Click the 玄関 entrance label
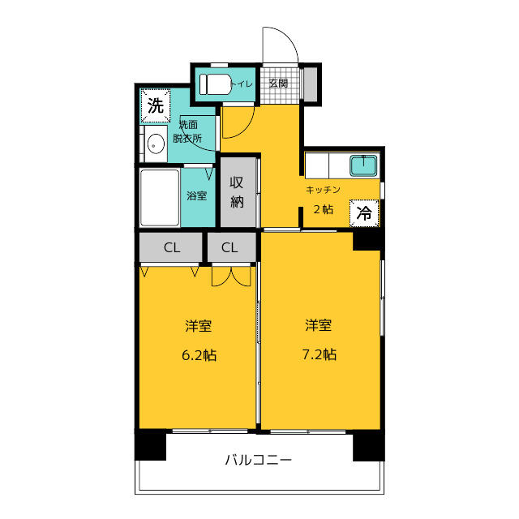click(278, 84)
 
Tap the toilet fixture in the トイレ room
click(216, 84)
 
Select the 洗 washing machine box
click(156, 106)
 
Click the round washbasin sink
click(156, 144)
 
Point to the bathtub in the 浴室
click(160, 198)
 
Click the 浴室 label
click(197, 195)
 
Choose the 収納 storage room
click(238, 192)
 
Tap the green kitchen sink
click(363, 165)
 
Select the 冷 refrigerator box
click(364, 213)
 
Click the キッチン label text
click(323, 190)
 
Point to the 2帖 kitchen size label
click(323, 209)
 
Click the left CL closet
click(171, 247)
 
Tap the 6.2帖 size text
click(199, 355)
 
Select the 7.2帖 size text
click(320, 355)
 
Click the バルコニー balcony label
click(259, 460)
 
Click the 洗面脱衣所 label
click(187, 131)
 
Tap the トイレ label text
click(242, 84)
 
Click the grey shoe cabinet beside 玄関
click(311, 84)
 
